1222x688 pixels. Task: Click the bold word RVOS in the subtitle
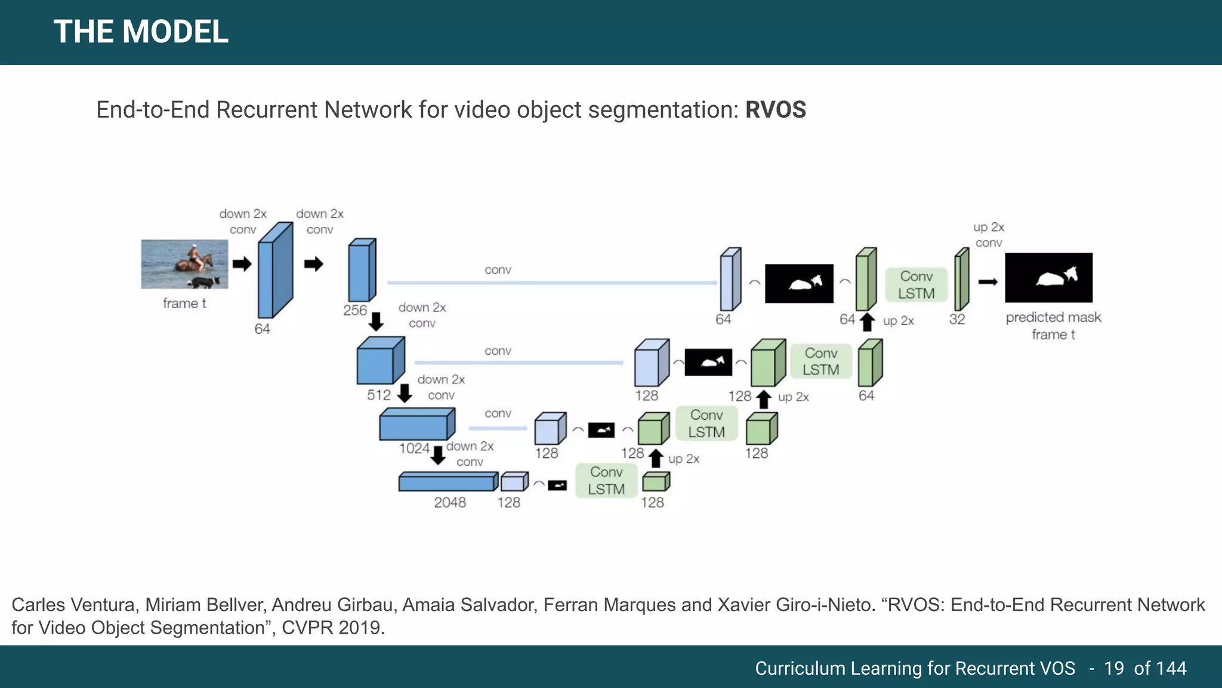pyautogui.click(x=775, y=110)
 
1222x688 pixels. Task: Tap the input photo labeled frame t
pyautogui.click(x=184, y=264)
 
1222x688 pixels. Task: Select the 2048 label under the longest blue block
pyautogui.click(x=450, y=502)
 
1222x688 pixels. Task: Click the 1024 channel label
pyautogui.click(x=414, y=449)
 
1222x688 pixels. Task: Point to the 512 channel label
pyautogui.click(x=378, y=395)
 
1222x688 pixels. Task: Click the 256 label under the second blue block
pyautogui.click(x=354, y=310)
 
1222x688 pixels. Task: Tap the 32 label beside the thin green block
pyautogui.click(x=957, y=320)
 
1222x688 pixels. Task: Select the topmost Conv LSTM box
pyautogui.click(x=916, y=285)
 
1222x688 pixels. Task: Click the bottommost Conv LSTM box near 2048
pyautogui.click(x=606, y=481)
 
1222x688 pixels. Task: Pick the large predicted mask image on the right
pyautogui.click(x=1048, y=278)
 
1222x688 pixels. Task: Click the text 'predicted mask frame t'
pyautogui.click(x=1053, y=325)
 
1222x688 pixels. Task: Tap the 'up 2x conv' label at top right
pyautogui.click(x=989, y=235)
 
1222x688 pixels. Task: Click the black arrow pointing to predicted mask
pyautogui.click(x=988, y=282)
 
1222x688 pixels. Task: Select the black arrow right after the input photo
pyautogui.click(x=242, y=264)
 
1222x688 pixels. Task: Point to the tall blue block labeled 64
pyautogui.click(x=274, y=271)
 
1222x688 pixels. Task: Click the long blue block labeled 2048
pyautogui.click(x=448, y=481)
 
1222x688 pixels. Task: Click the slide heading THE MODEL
pyautogui.click(x=141, y=32)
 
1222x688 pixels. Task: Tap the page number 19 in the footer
pyautogui.click(x=1113, y=668)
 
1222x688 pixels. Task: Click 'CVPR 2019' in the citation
pyautogui.click(x=332, y=628)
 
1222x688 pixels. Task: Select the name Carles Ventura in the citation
pyautogui.click(x=73, y=605)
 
